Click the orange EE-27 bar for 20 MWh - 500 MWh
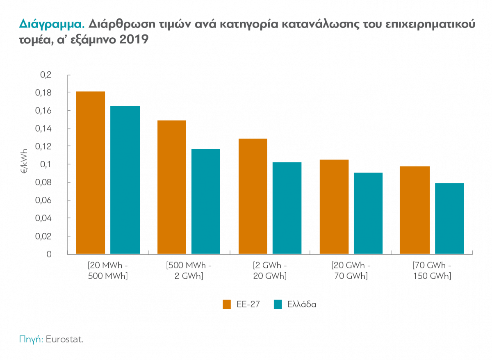tap(91, 173)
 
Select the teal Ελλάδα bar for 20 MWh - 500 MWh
tap(125, 180)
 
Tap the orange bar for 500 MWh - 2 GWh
tap(172, 187)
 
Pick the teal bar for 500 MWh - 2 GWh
tap(206, 201)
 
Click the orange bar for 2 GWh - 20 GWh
tap(253, 196)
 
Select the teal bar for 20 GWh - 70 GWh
tap(368, 213)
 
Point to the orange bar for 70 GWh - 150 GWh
tap(415, 210)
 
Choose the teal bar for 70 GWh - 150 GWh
tap(449, 219)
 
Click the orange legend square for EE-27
tap(227, 304)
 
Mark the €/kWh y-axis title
tap(24, 161)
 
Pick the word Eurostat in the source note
tap(64, 339)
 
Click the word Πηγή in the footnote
tap(31, 339)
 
